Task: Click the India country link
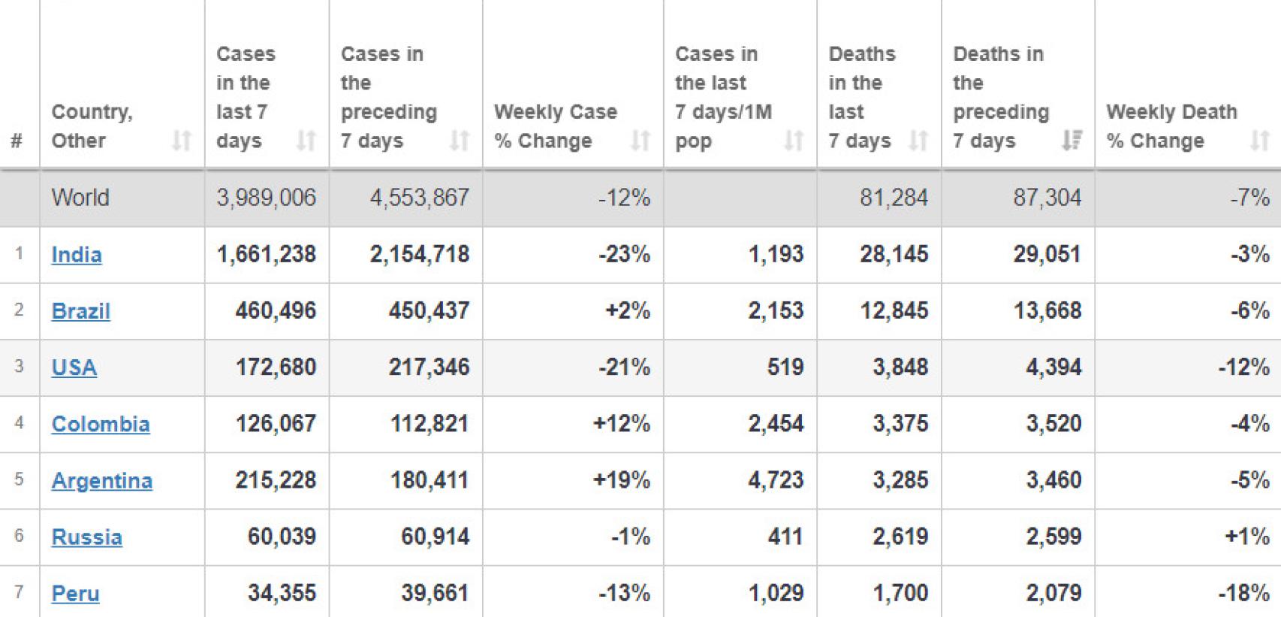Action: click(77, 255)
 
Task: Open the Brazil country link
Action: click(80, 311)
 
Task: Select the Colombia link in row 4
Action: click(101, 424)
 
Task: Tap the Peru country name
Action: click(75, 594)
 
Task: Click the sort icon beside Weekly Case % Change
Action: click(640, 141)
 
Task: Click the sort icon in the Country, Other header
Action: click(181, 141)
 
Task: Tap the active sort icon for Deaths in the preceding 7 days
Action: click(1072, 141)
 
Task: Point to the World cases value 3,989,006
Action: click(266, 198)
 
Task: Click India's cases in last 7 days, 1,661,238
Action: click(266, 255)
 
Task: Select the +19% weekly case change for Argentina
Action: click(622, 480)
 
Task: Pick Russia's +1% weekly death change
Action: click(1247, 537)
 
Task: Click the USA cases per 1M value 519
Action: click(785, 367)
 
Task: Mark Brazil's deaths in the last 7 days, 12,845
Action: click(894, 311)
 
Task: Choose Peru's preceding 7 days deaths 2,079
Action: click(1053, 594)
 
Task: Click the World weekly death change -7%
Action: click(1249, 198)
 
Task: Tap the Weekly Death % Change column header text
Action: click(1171, 126)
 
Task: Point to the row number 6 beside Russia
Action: click(19, 536)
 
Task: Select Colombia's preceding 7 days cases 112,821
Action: click(430, 424)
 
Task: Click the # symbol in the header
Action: click(17, 141)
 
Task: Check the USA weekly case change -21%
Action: click(624, 367)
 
